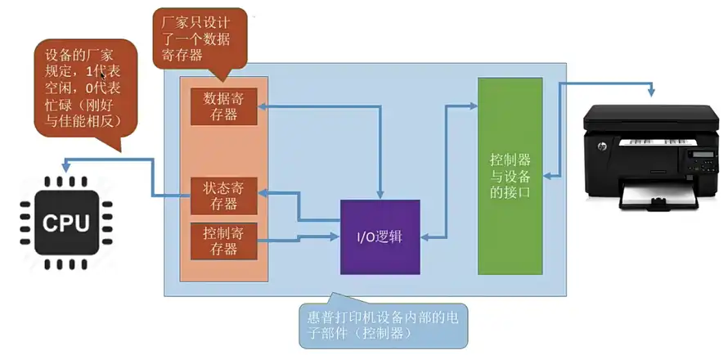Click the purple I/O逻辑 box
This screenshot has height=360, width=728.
coord(380,237)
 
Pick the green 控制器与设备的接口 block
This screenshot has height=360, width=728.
coord(510,176)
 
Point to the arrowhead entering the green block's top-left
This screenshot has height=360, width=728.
coord(472,105)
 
